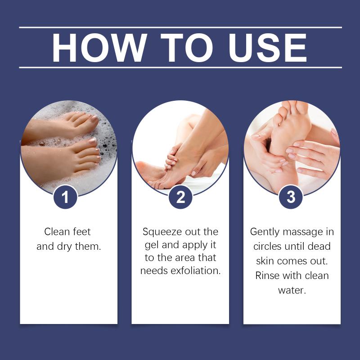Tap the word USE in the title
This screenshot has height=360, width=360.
(x=268, y=48)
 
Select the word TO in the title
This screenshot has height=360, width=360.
(x=187, y=48)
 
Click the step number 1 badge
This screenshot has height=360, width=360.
(x=65, y=197)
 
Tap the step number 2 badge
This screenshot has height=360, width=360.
(x=180, y=197)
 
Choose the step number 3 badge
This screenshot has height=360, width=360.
(x=291, y=197)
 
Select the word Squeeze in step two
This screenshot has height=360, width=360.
(x=162, y=232)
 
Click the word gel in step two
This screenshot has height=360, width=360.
(x=152, y=245)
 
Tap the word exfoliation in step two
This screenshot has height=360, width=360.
(x=196, y=271)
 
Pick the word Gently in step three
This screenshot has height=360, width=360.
(x=265, y=232)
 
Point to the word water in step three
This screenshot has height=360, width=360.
(x=292, y=290)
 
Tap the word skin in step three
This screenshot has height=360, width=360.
(x=265, y=261)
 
